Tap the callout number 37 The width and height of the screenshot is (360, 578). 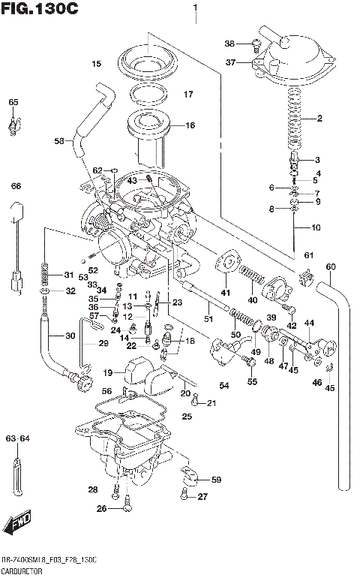(x=231, y=62)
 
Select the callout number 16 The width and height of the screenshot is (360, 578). (x=190, y=125)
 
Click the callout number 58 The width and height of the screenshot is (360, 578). (x=59, y=140)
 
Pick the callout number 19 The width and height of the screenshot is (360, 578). (x=108, y=372)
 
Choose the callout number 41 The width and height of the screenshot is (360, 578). (x=225, y=291)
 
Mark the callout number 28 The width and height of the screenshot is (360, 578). (x=93, y=489)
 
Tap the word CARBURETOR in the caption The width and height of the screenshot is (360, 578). (x=22, y=572)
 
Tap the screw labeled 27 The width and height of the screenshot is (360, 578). (x=184, y=495)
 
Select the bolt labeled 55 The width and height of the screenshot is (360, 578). (x=249, y=363)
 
